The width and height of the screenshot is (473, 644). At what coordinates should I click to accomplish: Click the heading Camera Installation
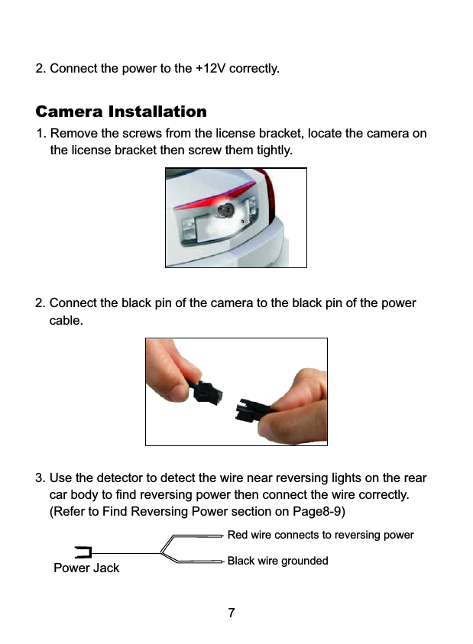pyautogui.click(x=121, y=112)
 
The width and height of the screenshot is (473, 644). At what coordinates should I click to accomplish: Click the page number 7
pyautogui.click(x=232, y=613)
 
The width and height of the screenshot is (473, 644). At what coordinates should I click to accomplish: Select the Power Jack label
pyautogui.click(x=86, y=568)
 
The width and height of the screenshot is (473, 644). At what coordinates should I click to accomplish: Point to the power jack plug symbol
pyautogui.click(x=84, y=552)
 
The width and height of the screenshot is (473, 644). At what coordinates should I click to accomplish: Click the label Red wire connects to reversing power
pyautogui.click(x=320, y=535)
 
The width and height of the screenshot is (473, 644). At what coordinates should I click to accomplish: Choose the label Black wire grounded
pyautogui.click(x=277, y=561)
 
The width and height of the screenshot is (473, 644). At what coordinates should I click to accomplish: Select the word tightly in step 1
pyautogui.click(x=271, y=150)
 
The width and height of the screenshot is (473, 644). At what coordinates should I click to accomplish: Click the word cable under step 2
pyautogui.click(x=66, y=319)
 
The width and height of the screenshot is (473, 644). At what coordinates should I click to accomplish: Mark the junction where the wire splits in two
pyautogui.click(x=162, y=552)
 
